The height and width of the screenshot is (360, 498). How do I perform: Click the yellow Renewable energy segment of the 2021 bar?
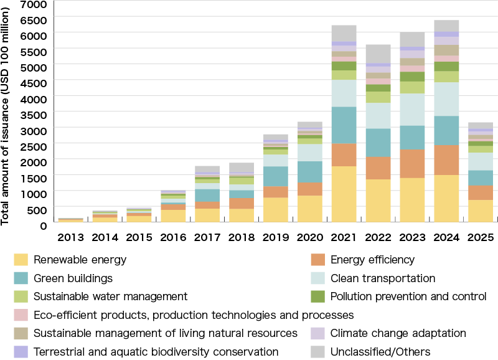click(x=344, y=194)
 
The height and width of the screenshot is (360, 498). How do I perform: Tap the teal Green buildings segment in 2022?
click(x=378, y=142)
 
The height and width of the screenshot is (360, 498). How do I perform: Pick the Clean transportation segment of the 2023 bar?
click(x=412, y=110)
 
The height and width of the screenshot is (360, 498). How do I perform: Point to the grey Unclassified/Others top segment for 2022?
click(x=378, y=54)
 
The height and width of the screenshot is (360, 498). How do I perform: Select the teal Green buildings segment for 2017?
click(x=207, y=195)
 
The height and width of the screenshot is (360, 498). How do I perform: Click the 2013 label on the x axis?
click(x=70, y=237)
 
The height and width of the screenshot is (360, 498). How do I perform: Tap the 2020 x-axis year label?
click(x=309, y=237)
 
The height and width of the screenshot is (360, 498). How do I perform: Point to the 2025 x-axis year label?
click(x=480, y=237)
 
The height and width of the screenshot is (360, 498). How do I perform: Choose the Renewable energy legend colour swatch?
click(x=21, y=260)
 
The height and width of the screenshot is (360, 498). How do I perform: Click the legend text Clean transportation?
click(x=382, y=278)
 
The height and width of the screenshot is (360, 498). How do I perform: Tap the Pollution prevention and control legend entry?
click(x=408, y=296)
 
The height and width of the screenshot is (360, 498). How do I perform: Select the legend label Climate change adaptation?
click(x=398, y=333)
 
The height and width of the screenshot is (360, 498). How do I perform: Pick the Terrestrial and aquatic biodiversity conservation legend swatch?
click(x=21, y=352)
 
